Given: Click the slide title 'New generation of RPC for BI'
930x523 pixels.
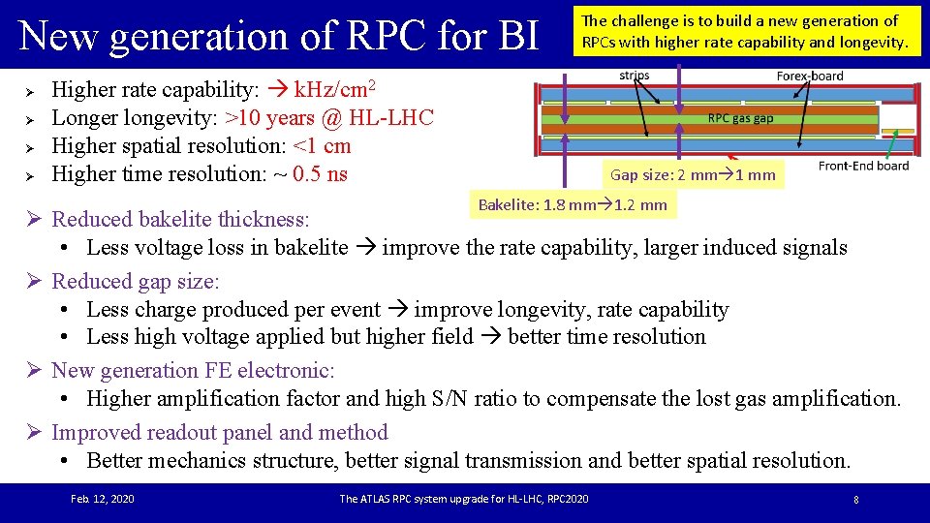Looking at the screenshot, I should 279,36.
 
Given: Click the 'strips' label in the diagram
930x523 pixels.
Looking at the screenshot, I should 635,76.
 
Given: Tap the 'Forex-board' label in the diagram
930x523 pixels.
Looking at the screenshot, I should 810,76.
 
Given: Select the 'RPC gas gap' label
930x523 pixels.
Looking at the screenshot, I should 740,118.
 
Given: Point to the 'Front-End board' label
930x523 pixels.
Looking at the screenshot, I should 863,166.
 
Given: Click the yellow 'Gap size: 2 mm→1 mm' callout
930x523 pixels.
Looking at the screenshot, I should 693,175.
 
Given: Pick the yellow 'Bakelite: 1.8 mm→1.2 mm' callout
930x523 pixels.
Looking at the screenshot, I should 573,204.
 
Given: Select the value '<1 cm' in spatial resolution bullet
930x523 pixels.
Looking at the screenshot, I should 322,146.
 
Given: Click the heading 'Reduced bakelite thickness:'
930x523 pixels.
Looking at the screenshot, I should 180,220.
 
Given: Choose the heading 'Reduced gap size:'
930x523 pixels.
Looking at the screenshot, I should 136,282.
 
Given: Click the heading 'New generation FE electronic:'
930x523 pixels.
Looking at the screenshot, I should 193,371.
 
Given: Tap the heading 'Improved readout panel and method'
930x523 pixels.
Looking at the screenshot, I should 219,433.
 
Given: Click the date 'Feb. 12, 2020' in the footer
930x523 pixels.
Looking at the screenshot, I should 103,499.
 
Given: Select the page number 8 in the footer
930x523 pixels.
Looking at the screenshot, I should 856,500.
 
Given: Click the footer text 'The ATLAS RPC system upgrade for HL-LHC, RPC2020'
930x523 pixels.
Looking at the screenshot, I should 463,499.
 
